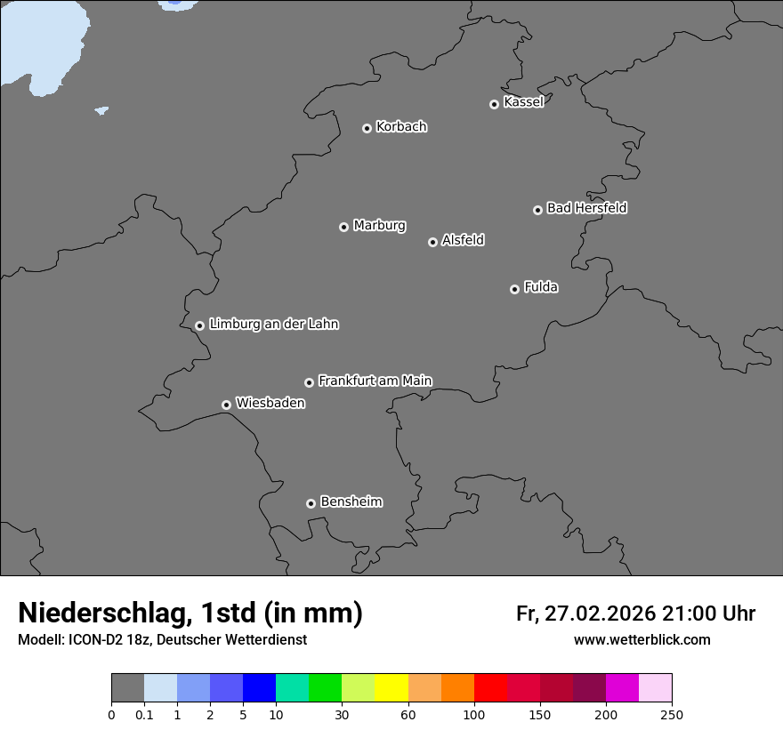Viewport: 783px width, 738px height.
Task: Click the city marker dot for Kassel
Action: (x=494, y=104)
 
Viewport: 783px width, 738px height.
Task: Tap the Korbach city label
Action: (x=401, y=127)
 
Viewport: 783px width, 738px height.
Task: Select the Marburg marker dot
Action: (x=343, y=227)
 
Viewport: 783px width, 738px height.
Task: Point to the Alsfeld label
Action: (x=463, y=240)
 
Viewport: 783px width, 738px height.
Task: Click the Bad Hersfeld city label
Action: (x=586, y=208)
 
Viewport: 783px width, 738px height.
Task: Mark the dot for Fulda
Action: (x=514, y=289)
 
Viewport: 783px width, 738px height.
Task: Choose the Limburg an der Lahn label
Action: (x=273, y=325)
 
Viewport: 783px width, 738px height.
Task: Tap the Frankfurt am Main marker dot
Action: (x=309, y=382)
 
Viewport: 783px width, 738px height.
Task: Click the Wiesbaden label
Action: (x=270, y=404)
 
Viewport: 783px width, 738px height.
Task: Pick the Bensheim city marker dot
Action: (x=311, y=503)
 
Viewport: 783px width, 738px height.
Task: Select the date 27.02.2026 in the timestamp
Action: (x=597, y=614)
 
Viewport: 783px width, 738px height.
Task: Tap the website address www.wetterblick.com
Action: (x=642, y=640)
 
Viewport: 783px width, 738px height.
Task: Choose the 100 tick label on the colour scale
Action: (x=474, y=714)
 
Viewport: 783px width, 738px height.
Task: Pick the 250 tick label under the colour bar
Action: (x=672, y=714)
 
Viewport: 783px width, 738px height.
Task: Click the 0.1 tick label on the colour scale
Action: (x=144, y=714)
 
